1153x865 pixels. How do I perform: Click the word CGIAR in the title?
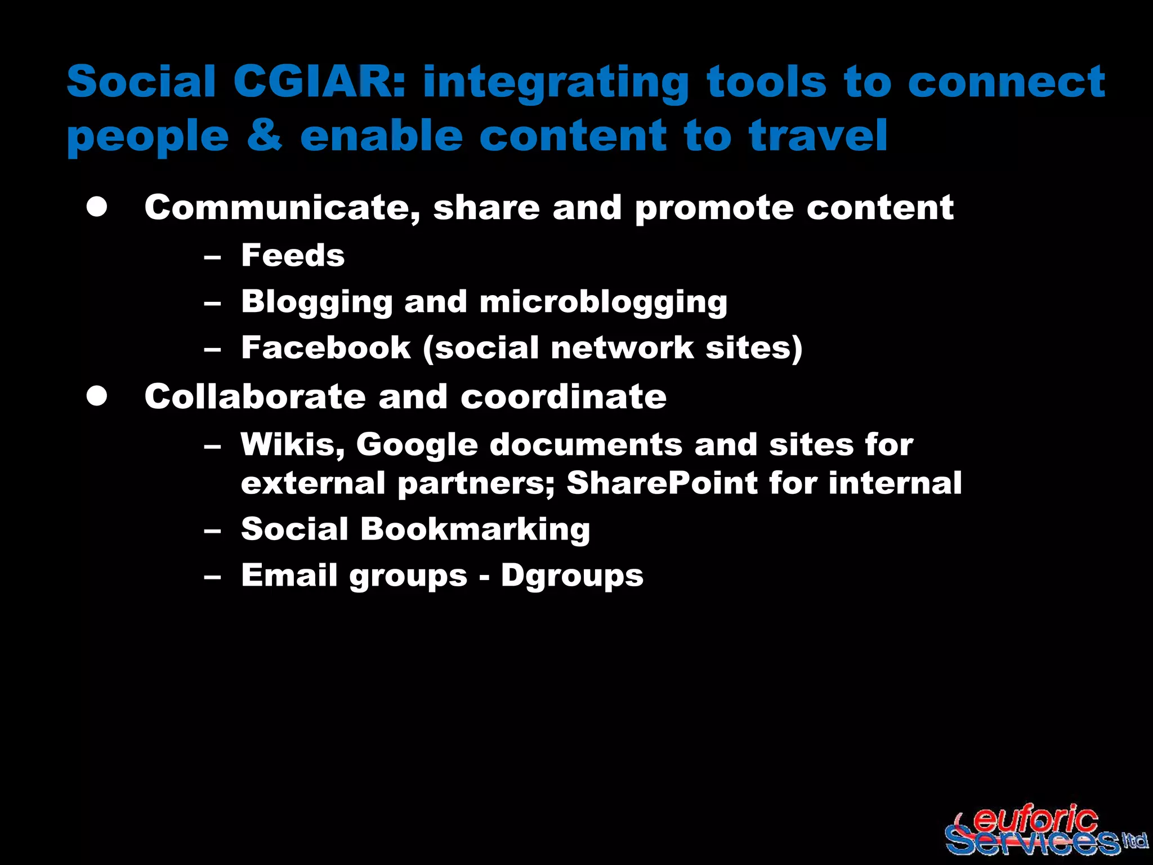[x=318, y=82]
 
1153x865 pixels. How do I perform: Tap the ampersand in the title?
[x=264, y=135]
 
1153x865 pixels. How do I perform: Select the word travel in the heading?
[x=818, y=135]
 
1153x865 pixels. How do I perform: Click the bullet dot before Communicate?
[x=97, y=207]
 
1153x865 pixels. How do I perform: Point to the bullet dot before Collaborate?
[x=97, y=396]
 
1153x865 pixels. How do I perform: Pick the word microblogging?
[x=603, y=302]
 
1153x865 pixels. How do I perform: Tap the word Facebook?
[x=326, y=347]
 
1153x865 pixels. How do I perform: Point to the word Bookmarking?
[x=475, y=530]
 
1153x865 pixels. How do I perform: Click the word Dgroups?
[x=572, y=576]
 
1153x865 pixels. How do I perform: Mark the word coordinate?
[x=564, y=396]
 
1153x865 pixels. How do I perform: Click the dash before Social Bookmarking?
[x=212, y=530]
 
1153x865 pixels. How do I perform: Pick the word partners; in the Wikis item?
[x=476, y=484]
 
